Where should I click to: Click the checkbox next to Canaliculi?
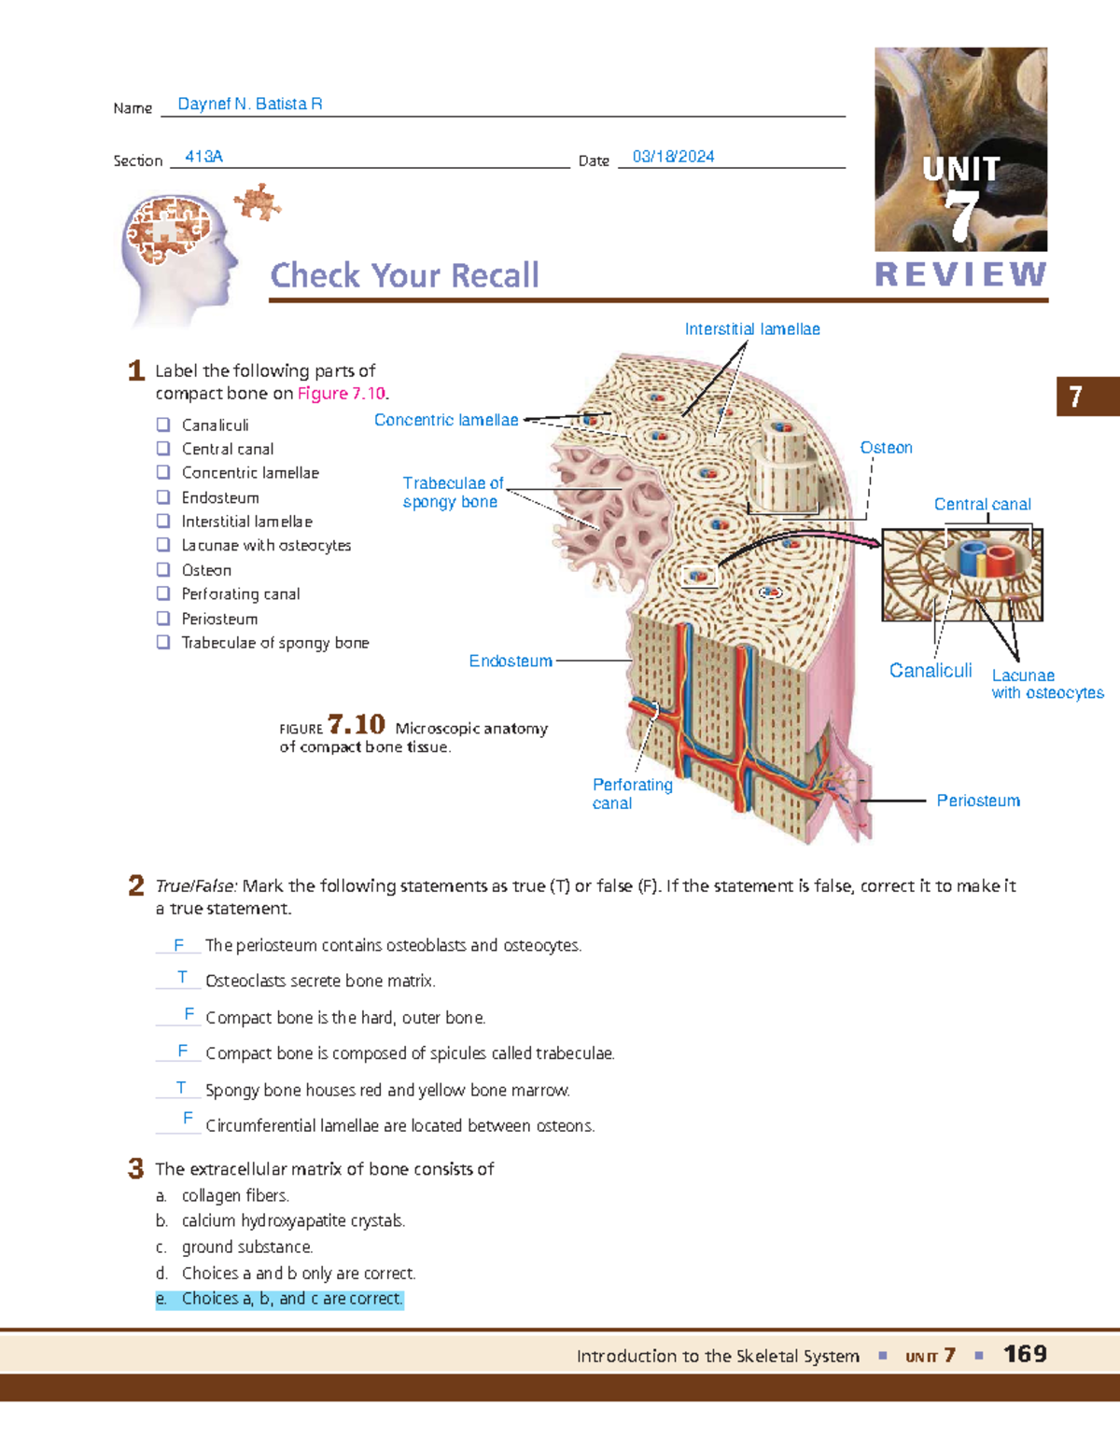[163, 425]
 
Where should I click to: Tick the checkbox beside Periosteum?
[163, 618]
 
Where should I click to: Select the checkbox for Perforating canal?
[163, 593]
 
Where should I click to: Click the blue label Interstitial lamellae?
[752, 329]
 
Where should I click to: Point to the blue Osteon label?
[886, 448]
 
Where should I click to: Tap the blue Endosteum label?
[511, 662]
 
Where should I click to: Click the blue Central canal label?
[982, 505]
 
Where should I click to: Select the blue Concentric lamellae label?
[446, 421]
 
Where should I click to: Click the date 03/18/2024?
[673, 157]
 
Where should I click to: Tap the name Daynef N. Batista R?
[250, 104]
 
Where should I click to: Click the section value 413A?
[203, 157]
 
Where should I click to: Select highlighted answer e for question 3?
[279, 1299]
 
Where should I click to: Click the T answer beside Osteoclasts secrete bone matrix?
[182, 978]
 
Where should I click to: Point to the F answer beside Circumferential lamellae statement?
[188, 1118]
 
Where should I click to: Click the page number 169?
[1025, 1354]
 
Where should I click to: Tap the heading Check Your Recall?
[404, 276]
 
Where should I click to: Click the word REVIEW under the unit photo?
[960, 274]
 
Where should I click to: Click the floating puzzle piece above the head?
[258, 201]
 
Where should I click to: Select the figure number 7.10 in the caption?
[357, 725]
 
